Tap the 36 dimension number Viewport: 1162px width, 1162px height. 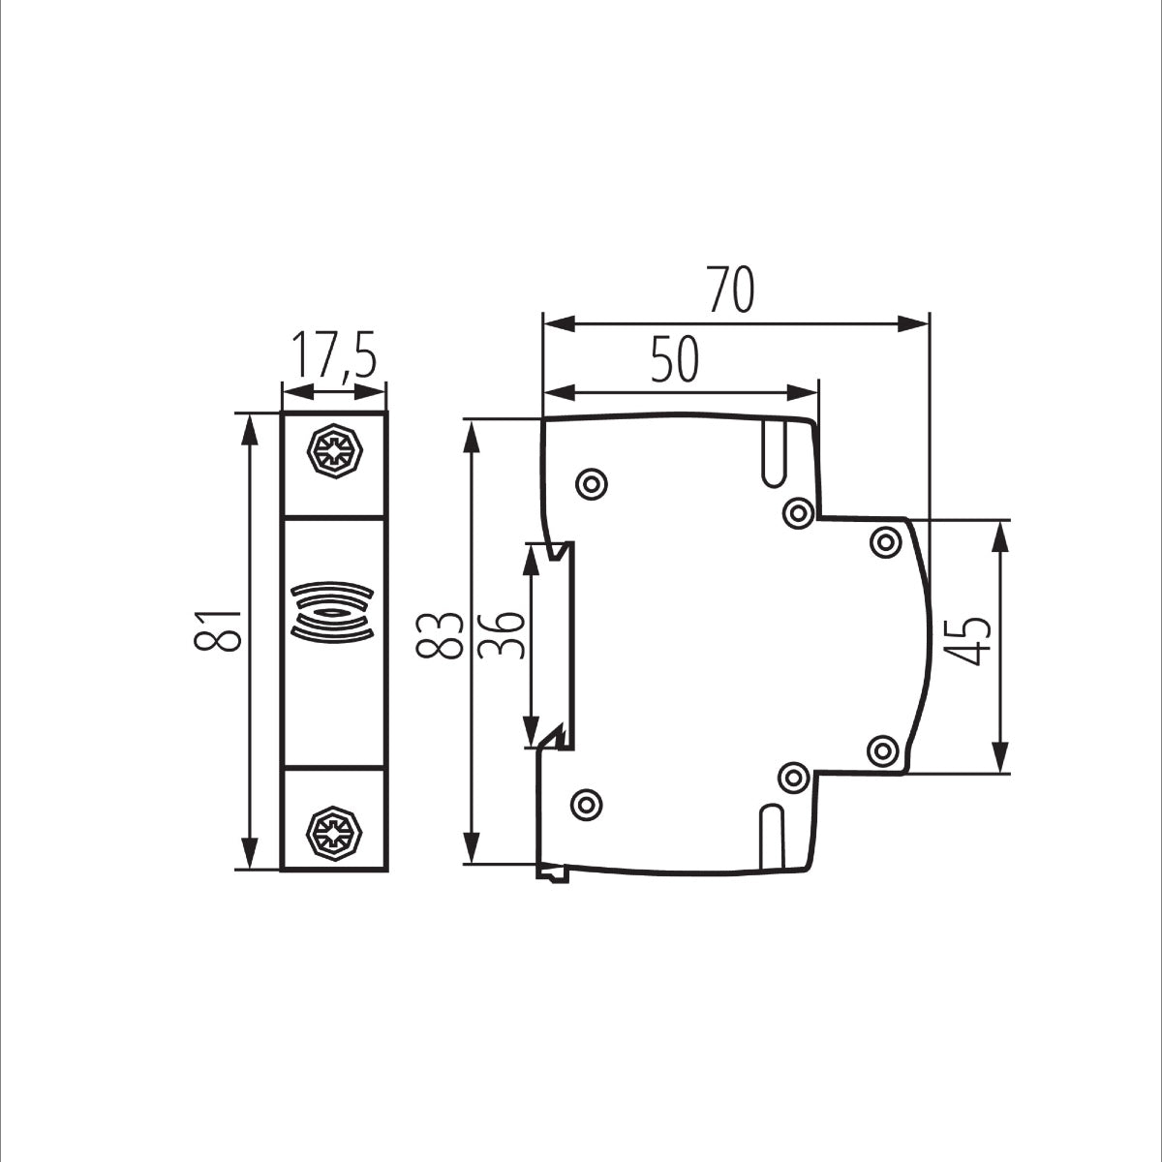click(x=502, y=635)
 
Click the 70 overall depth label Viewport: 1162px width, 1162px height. click(x=730, y=290)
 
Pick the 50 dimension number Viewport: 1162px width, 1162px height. click(x=674, y=361)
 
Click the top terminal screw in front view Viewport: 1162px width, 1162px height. click(x=334, y=450)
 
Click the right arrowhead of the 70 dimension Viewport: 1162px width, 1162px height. click(x=915, y=323)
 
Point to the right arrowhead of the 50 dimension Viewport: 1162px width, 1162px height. click(x=803, y=392)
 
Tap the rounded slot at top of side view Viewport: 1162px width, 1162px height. click(x=774, y=452)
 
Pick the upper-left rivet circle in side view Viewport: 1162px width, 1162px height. click(x=591, y=484)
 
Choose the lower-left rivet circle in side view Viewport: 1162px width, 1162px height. click(x=586, y=803)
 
